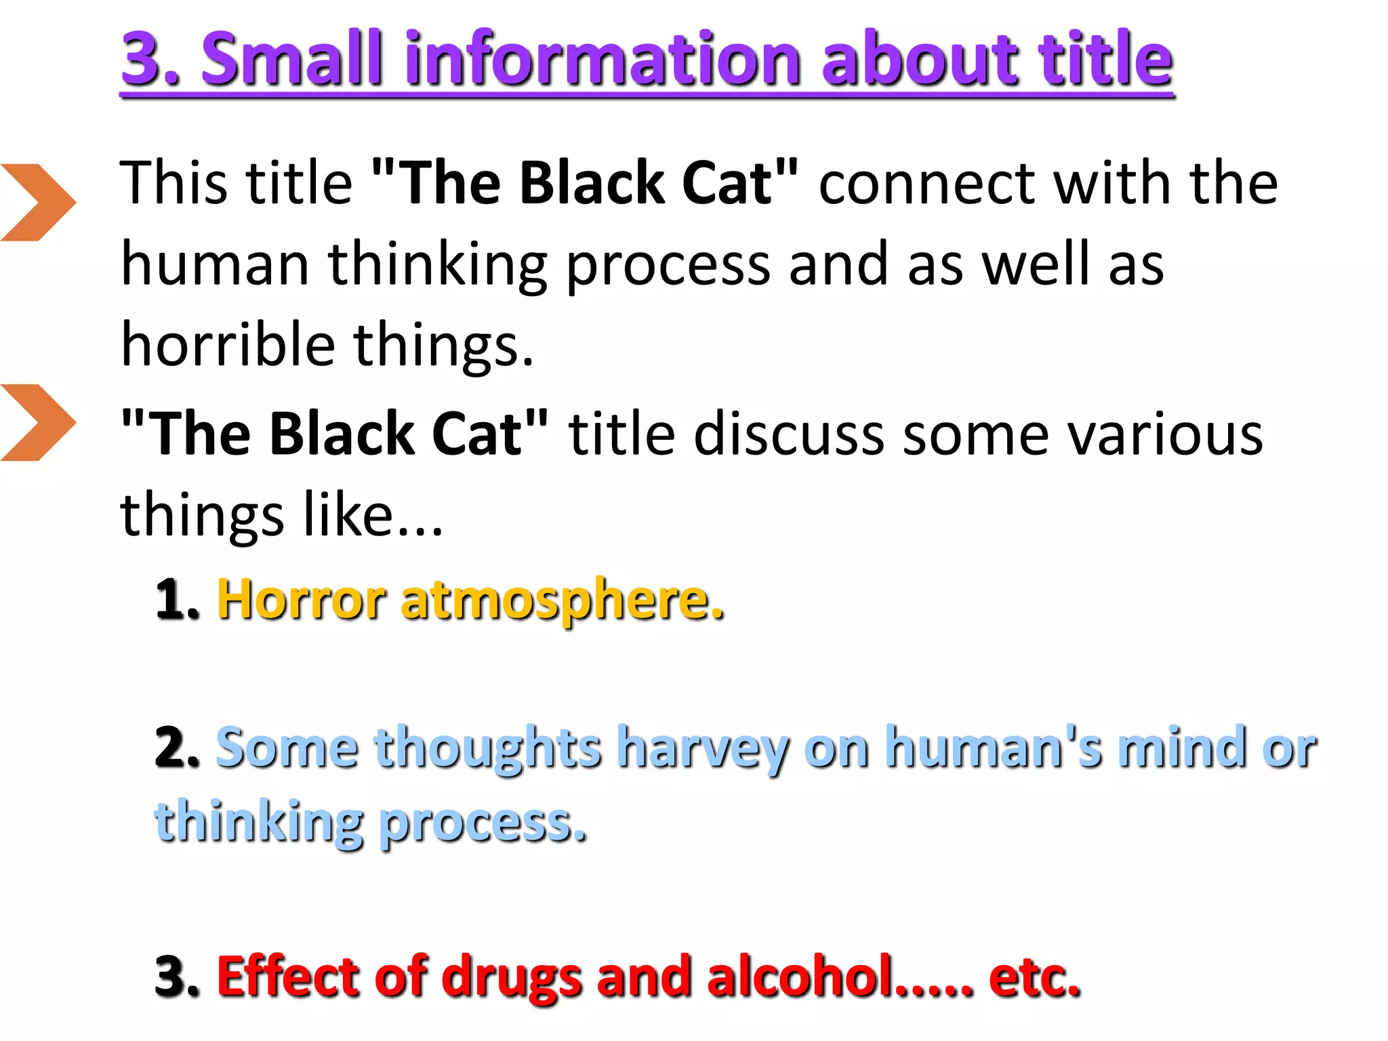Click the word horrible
[x=228, y=344]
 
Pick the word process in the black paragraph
[x=668, y=266]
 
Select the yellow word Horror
[x=301, y=600]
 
